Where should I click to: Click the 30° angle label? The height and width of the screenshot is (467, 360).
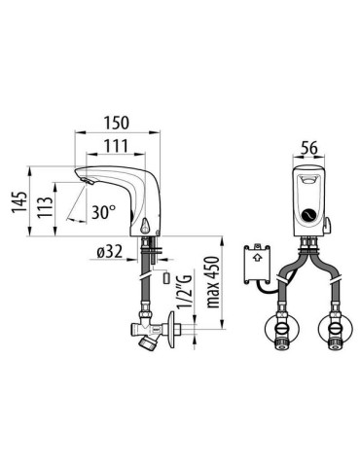click(101, 210)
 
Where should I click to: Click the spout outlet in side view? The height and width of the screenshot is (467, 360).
click(86, 182)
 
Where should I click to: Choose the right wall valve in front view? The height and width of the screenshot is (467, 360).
click(334, 326)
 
